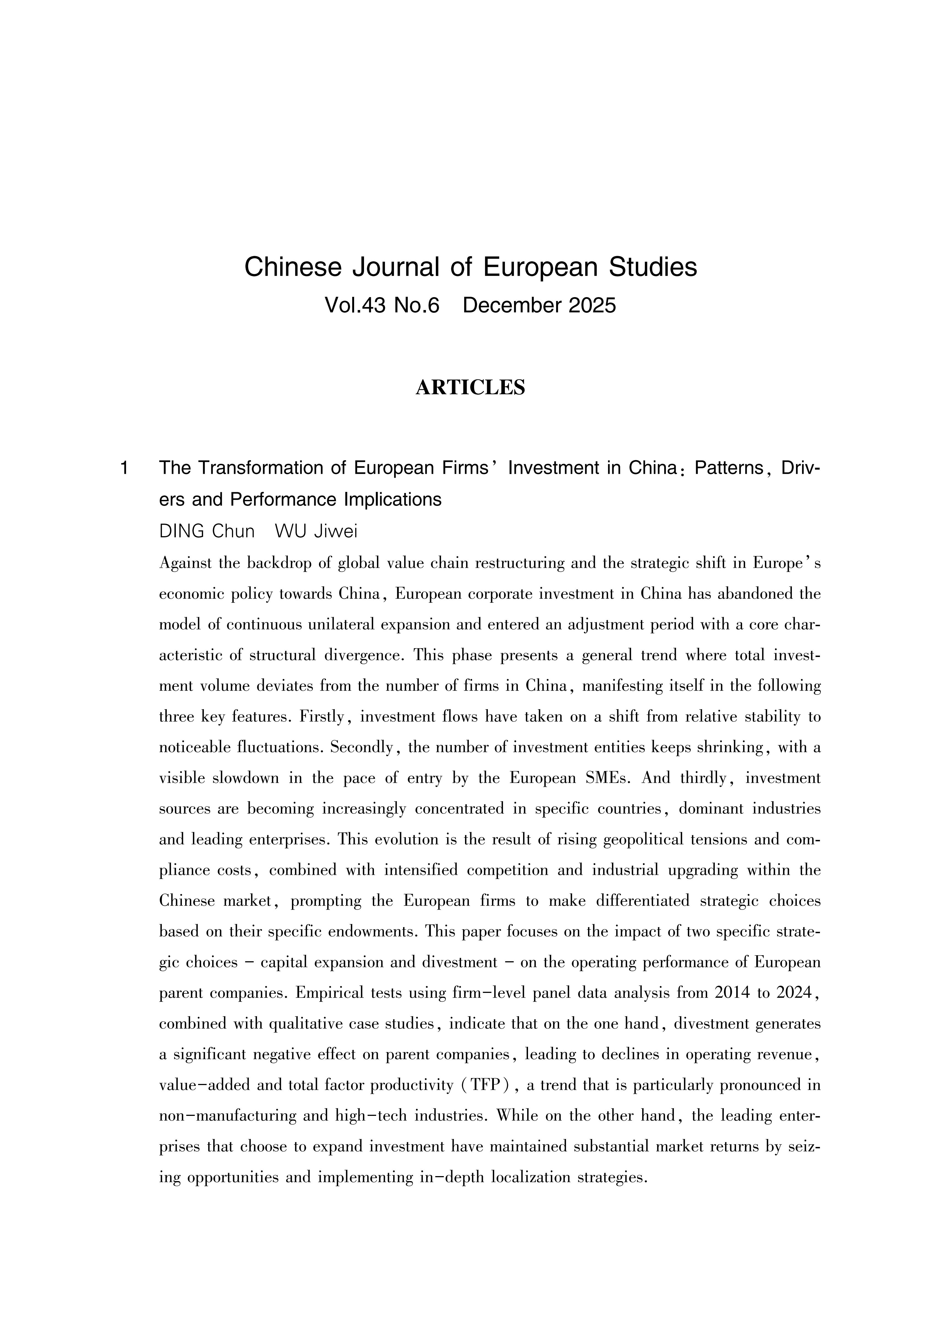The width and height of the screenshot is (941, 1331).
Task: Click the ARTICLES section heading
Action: (470, 387)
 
